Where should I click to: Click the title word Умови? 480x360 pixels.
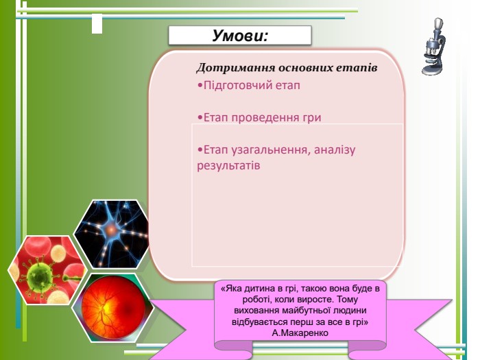240,35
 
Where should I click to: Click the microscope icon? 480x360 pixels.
433,47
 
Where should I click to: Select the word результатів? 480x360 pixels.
228,166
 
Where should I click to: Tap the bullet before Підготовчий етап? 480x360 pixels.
200,86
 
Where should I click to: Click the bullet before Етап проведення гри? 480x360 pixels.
200,118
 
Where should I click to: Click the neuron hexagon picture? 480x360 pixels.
112,234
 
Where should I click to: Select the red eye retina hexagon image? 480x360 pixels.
112,308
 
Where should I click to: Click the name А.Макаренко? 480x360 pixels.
300,333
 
